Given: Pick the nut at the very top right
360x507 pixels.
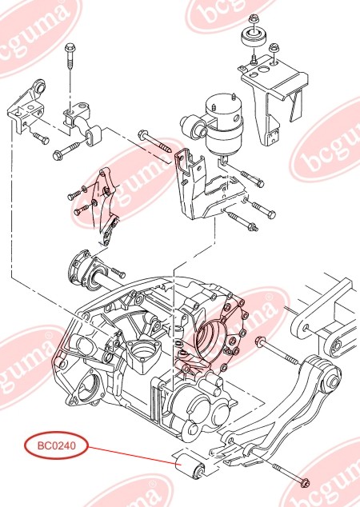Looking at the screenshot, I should [254, 18].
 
